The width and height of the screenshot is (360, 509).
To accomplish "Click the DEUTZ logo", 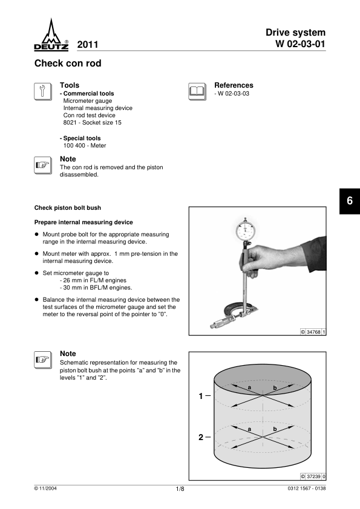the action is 51,34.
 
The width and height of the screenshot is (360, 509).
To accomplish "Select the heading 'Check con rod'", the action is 68,63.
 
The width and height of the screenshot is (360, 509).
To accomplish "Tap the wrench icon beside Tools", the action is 43,91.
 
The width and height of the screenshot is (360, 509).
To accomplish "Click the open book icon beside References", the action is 197,91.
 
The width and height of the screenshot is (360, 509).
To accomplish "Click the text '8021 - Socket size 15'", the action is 93,122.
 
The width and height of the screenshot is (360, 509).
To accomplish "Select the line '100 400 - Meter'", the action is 85,146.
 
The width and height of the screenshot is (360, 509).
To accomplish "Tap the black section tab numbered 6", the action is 350,201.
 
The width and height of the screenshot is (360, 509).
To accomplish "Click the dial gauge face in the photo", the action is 246,230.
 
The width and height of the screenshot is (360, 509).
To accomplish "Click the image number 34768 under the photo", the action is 313,332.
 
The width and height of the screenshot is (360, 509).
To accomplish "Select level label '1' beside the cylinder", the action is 201,396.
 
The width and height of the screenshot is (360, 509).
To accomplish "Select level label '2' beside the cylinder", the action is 201,437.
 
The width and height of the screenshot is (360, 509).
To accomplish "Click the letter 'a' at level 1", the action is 249,387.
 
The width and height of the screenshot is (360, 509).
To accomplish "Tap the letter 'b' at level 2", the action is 275,429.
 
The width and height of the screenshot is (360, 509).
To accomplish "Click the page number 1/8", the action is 180,489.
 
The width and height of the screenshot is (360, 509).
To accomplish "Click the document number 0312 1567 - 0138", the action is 306,488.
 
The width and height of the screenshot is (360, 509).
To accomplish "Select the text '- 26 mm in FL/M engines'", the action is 93,280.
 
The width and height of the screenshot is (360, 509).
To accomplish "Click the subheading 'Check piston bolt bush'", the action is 68,208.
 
